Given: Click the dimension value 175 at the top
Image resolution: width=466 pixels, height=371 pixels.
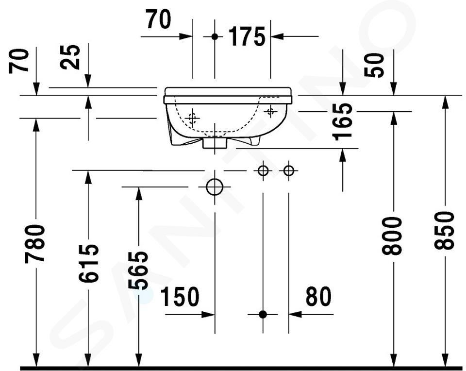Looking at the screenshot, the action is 247,36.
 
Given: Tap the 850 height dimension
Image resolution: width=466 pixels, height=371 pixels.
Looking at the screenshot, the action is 444,230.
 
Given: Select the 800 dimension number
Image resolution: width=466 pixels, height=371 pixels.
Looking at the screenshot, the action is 392,236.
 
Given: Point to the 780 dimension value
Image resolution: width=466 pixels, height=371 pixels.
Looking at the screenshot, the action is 35,244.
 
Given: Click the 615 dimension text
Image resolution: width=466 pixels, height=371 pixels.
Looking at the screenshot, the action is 88,263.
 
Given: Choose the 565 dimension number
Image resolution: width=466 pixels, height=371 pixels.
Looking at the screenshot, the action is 138,270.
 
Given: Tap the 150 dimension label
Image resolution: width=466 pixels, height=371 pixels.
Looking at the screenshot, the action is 180,297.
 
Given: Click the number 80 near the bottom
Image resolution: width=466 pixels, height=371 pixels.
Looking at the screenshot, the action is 318,297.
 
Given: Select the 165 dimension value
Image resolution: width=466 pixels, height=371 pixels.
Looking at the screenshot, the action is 343,122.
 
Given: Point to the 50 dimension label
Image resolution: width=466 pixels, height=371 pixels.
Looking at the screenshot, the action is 374,66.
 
